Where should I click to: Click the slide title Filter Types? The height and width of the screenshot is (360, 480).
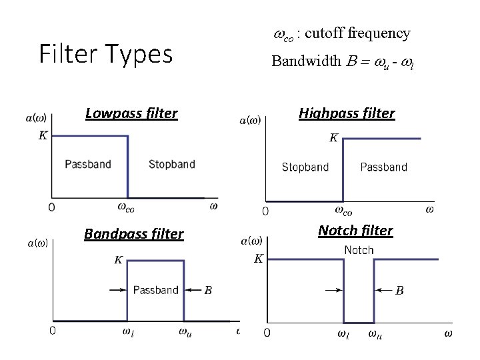pos(105,54)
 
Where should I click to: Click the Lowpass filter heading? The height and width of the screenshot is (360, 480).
pos(131,113)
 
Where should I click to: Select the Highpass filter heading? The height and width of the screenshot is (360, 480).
pos(347,113)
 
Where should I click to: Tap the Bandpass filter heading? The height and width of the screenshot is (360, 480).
pos(133,234)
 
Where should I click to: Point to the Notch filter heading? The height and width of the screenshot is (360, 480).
pos(355,231)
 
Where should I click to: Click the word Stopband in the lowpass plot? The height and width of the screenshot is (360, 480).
pos(171,164)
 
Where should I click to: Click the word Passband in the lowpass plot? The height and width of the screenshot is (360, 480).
pos(88,164)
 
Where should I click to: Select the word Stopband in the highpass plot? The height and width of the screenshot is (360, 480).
pos(305,167)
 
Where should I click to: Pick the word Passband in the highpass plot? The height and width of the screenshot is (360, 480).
pos(383,167)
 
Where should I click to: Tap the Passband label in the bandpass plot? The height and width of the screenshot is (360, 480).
pos(155,290)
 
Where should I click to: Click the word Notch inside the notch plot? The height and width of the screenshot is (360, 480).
pos(359,250)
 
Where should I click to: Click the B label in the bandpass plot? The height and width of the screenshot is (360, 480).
pos(208,290)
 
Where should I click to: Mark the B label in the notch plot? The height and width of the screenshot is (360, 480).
pos(400,291)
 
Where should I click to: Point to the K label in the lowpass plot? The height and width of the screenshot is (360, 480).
pos(43,135)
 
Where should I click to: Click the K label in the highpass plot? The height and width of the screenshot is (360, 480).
pos(334,138)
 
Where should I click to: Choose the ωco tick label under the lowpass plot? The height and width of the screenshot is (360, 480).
pos(126,207)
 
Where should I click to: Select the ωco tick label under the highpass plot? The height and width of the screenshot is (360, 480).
pos(343,211)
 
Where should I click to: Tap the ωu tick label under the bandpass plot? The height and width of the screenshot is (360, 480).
pos(185,331)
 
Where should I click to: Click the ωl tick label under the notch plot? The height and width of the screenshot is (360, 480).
pos(343,334)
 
